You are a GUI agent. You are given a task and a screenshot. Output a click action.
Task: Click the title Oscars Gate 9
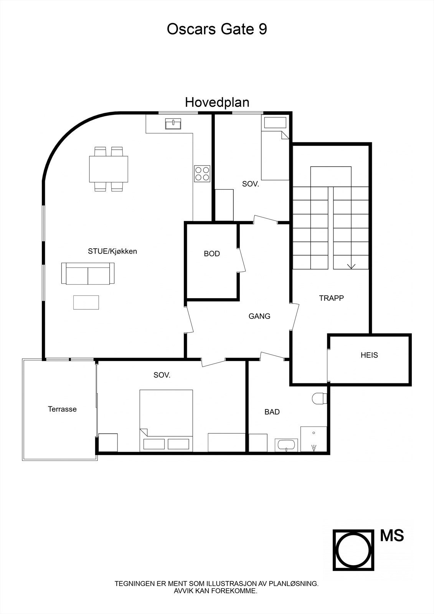[217, 29]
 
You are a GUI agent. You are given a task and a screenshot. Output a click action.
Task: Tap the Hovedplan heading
[217, 102]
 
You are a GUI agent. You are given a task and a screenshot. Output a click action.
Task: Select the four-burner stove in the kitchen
[202, 173]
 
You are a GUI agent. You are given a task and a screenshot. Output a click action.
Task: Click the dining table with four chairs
[109, 169]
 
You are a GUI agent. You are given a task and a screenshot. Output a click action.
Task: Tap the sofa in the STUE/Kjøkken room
[88, 274]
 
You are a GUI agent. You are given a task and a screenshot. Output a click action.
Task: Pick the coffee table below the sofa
[86, 302]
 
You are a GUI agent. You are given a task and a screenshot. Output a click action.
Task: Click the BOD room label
[211, 254]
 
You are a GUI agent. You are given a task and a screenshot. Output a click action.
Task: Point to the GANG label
[259, 316]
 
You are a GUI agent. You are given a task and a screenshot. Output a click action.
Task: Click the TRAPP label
[331, 298]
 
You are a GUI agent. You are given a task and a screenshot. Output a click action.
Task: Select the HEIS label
[369, 355]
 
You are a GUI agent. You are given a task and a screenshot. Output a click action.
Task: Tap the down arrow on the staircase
[351, 266]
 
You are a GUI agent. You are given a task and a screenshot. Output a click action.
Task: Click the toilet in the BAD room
[319, 398]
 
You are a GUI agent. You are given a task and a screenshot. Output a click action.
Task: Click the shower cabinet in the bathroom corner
[314, 439]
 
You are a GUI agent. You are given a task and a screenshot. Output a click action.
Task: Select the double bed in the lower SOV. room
[166, 420]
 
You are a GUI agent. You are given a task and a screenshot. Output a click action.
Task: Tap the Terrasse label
[62, 409]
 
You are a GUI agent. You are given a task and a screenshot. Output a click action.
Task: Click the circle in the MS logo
[353, 550]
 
